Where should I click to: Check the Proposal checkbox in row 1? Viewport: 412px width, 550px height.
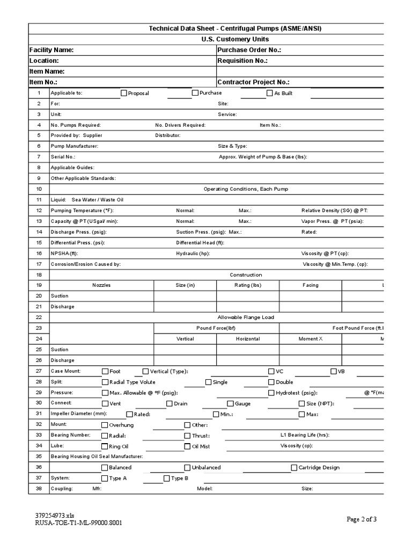pos(124,93)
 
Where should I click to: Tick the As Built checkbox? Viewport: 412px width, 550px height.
pos(270,93)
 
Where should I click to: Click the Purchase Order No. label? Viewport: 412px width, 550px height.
pos(249,50)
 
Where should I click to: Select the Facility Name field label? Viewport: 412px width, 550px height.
pos(51,50)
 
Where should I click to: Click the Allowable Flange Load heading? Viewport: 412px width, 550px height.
pos(246,317)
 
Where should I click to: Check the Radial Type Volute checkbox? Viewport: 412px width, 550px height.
pos(105,382)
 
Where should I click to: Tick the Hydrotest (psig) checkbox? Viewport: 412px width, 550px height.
pos(271,393)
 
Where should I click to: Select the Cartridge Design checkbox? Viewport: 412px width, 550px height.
pos(294,468)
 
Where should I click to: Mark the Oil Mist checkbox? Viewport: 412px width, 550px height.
pos(188,446)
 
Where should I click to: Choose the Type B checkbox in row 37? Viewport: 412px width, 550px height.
pos(166,478)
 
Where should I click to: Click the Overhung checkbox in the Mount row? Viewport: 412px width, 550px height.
pos(105,425)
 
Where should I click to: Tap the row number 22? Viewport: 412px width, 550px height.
pos(39,317)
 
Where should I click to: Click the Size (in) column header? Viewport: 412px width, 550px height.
pos(185,285)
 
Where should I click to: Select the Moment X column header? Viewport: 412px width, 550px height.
pos(311,339)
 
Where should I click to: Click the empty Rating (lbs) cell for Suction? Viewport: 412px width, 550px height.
pos(248,296)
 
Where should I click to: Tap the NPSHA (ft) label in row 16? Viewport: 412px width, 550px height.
pos(64,253)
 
